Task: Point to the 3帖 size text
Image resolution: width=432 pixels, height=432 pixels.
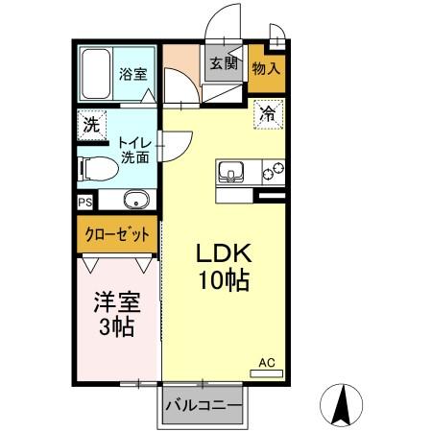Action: point(116,326)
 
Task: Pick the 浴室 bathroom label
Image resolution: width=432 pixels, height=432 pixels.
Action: point(132,74)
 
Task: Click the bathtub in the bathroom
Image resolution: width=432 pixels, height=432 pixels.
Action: point(97,73)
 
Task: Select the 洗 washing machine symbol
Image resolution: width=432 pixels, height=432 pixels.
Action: point(90,125)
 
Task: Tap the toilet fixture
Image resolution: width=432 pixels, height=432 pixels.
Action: point(96,168)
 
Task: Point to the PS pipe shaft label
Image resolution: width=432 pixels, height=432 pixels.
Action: point(84,202)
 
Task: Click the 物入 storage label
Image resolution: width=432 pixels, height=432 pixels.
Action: point(266,70)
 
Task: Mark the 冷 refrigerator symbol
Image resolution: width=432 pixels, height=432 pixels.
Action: point(268,113)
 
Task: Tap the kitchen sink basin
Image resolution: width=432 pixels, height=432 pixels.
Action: point(232,173)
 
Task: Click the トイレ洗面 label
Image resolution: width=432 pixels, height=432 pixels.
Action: point(132,150)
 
